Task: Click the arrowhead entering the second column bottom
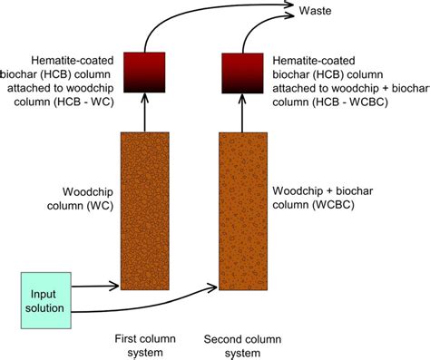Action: click(214, 288)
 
